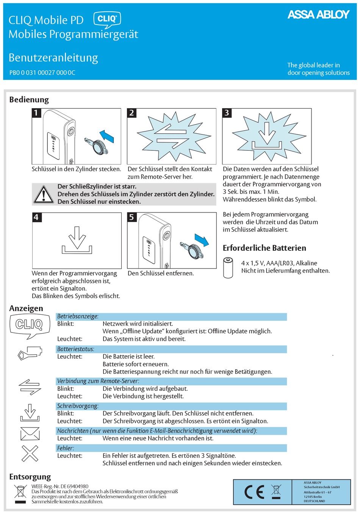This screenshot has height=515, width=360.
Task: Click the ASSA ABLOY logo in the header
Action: (x=318, y=15)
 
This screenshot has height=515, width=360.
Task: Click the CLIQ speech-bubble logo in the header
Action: (x=107, y=19)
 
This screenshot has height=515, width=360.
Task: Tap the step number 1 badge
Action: (x=36, y=113)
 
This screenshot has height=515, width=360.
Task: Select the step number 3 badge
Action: (x=227, y=113)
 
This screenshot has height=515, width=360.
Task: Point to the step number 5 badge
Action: (x=131, y=217)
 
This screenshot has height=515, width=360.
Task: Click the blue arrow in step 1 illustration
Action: (x=107, y=136)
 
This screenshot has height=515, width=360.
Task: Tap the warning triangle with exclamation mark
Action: (x=44, y=195)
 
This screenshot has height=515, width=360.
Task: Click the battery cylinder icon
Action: (x=228, y=267)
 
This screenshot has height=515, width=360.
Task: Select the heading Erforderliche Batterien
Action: (x=264, y=248)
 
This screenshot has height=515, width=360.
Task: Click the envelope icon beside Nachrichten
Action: (x=30, y=434)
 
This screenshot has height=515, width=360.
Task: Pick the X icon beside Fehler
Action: (x=30, y=453)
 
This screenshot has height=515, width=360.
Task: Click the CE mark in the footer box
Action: (x=254, y=492)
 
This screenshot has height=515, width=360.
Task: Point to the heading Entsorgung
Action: (x=30, y=477)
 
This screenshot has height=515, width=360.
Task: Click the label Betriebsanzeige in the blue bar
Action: (x=78, y=316)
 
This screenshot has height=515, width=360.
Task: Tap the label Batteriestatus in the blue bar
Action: (x=76, y=349)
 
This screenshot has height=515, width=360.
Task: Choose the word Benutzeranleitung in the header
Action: (x=53, y=58)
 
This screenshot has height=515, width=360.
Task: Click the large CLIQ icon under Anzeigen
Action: (x=29, y=325)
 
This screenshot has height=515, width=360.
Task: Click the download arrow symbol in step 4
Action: (x=77, y=241)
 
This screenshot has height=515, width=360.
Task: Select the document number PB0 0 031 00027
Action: (x=42, y=73)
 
